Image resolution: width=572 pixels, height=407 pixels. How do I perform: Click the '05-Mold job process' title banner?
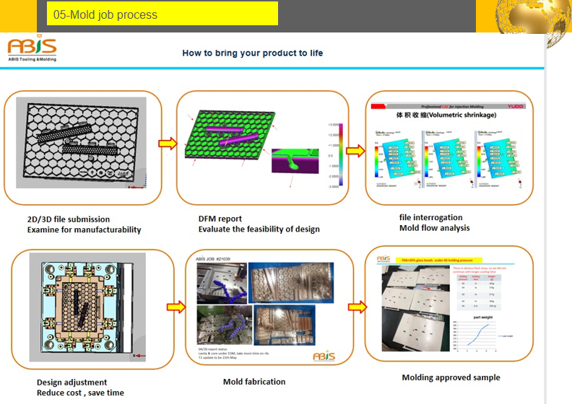pyautogui.click(x=162, y=14)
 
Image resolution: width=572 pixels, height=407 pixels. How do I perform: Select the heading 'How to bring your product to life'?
pyautogui.click(x=252, y=53)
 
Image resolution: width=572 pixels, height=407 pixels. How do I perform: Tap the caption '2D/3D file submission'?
pyautogui.click(x=69, y=219)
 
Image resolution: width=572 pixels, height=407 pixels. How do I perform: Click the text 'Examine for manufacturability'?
pyautogui.click(x=84, y=230)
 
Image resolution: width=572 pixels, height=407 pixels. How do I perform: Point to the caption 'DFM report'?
pyautogui.click(x=220, y=219)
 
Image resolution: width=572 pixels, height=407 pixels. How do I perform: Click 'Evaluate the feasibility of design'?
pyautogui.click(x=259, y=229)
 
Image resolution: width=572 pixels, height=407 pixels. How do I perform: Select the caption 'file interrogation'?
pyautogui.click(x=431, y=217)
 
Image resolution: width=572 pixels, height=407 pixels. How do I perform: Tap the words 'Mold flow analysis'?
pyautogui.click(x=434, y=228)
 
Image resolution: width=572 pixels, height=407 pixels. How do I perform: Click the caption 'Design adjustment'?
pyautogui.click(x=71, y=382)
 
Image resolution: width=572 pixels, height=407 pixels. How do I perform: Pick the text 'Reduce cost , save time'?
pyautogui.click(x=80, y=393)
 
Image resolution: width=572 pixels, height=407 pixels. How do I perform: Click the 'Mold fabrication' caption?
pyautogui.click(x=254, y=382)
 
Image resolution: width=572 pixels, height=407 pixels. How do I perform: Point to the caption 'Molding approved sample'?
pyautogui.click(x=451, y=377)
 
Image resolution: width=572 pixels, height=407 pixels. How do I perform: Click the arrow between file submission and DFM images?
pyautogui.click(x=167, y=143)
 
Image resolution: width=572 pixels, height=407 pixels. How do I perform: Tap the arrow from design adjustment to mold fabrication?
pyautogui.click(x=175, y=307)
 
